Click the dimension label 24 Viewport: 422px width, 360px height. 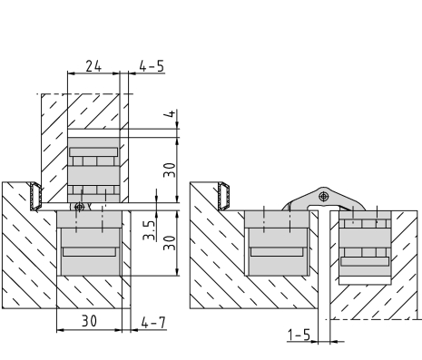[93, 66]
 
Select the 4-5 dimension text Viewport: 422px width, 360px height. [152, 66]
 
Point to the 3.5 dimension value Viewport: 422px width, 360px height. [149, 230]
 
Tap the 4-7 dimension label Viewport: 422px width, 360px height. [153, 323]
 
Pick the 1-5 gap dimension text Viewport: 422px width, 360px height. [299, 335]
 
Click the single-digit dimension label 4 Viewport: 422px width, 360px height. [172, 113]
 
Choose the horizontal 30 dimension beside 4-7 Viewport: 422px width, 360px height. [89, 321]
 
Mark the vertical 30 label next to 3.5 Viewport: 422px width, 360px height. [170, 243]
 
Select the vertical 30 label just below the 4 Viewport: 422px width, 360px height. [170, 170]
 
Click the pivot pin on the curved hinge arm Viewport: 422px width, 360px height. [324, 197]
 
